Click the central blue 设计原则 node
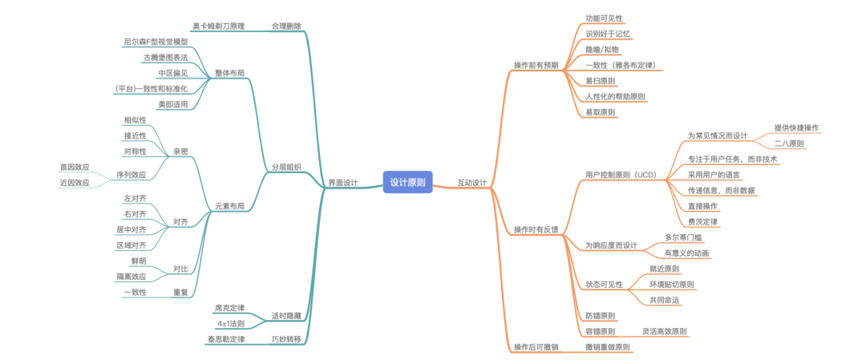point(407,183)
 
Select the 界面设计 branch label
point(343,183)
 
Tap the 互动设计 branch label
point(471,183)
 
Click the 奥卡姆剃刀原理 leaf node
point(219,26)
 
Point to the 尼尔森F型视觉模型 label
point(156,41)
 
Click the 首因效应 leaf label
point(75,167)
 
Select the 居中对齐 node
point(132,229)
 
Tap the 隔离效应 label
point(132,277)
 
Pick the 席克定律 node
point(229,308)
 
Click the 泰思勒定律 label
point(225,339)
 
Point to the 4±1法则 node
point(231,323)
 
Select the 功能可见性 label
point(604,18)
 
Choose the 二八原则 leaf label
point(789,144)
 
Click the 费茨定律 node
point(702,221)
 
